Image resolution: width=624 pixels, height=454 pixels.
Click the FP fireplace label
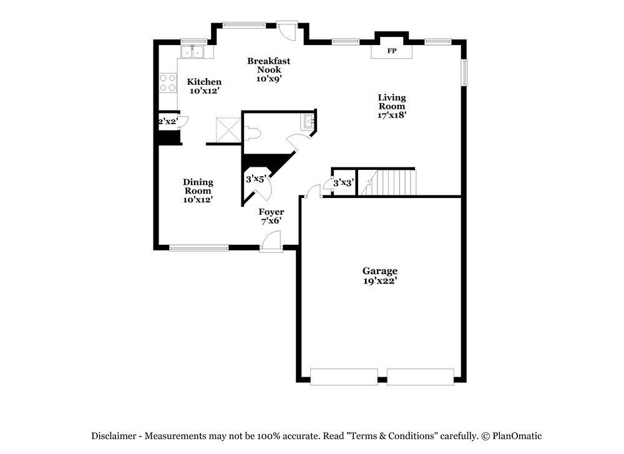pos(392,51)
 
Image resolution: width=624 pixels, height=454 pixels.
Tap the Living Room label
pos(392,106)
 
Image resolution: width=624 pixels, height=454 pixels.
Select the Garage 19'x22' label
pos(380,275)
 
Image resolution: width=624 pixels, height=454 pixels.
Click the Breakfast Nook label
pos(268,69)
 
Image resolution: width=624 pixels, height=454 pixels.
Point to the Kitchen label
pos(204,86)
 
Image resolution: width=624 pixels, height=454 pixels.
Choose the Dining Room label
pos(198,190)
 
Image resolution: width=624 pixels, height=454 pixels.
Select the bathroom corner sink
pos(309,121)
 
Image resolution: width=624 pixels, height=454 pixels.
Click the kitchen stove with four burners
pos(167,83)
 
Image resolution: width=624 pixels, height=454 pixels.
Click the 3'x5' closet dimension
pos(256,179)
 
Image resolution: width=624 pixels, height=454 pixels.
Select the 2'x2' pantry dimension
pos(167,121)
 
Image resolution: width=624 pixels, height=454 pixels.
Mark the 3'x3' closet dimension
pos(343,183)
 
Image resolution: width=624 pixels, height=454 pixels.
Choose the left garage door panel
pos(344,377)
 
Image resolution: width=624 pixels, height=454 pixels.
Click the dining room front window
pos(198,248)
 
